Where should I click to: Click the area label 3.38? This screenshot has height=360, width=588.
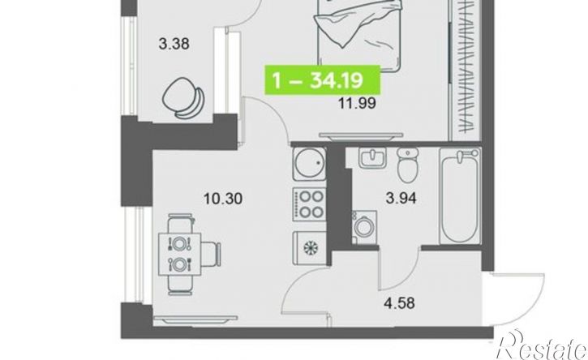click(x=174, y=45)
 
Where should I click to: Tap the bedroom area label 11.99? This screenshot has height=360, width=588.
click(x=357, y=103)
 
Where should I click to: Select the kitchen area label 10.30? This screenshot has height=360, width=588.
click(x=223, y=199)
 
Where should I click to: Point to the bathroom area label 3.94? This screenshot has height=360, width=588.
click(x=401, y=198)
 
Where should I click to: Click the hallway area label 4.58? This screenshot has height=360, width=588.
click(x=399, y=303)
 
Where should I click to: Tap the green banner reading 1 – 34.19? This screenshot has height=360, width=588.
click(x=323, y=80)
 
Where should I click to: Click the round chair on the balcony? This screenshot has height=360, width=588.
click(x=183, y=98)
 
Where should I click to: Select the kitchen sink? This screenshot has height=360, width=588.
click(x=309, y=164)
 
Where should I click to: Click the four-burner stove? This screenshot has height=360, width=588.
click(x=309, y=204)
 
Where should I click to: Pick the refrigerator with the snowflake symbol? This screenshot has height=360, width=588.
click(x=310, y=247)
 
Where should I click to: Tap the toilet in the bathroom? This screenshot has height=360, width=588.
click(x=408, y=165)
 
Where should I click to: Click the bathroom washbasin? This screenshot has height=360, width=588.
click(x=372, y=157)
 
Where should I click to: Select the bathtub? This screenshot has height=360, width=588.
click(x=460, y=195)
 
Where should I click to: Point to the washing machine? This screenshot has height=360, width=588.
click(x=364, y=227)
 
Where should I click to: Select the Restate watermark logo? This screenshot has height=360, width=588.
click(x=542, y=345)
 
